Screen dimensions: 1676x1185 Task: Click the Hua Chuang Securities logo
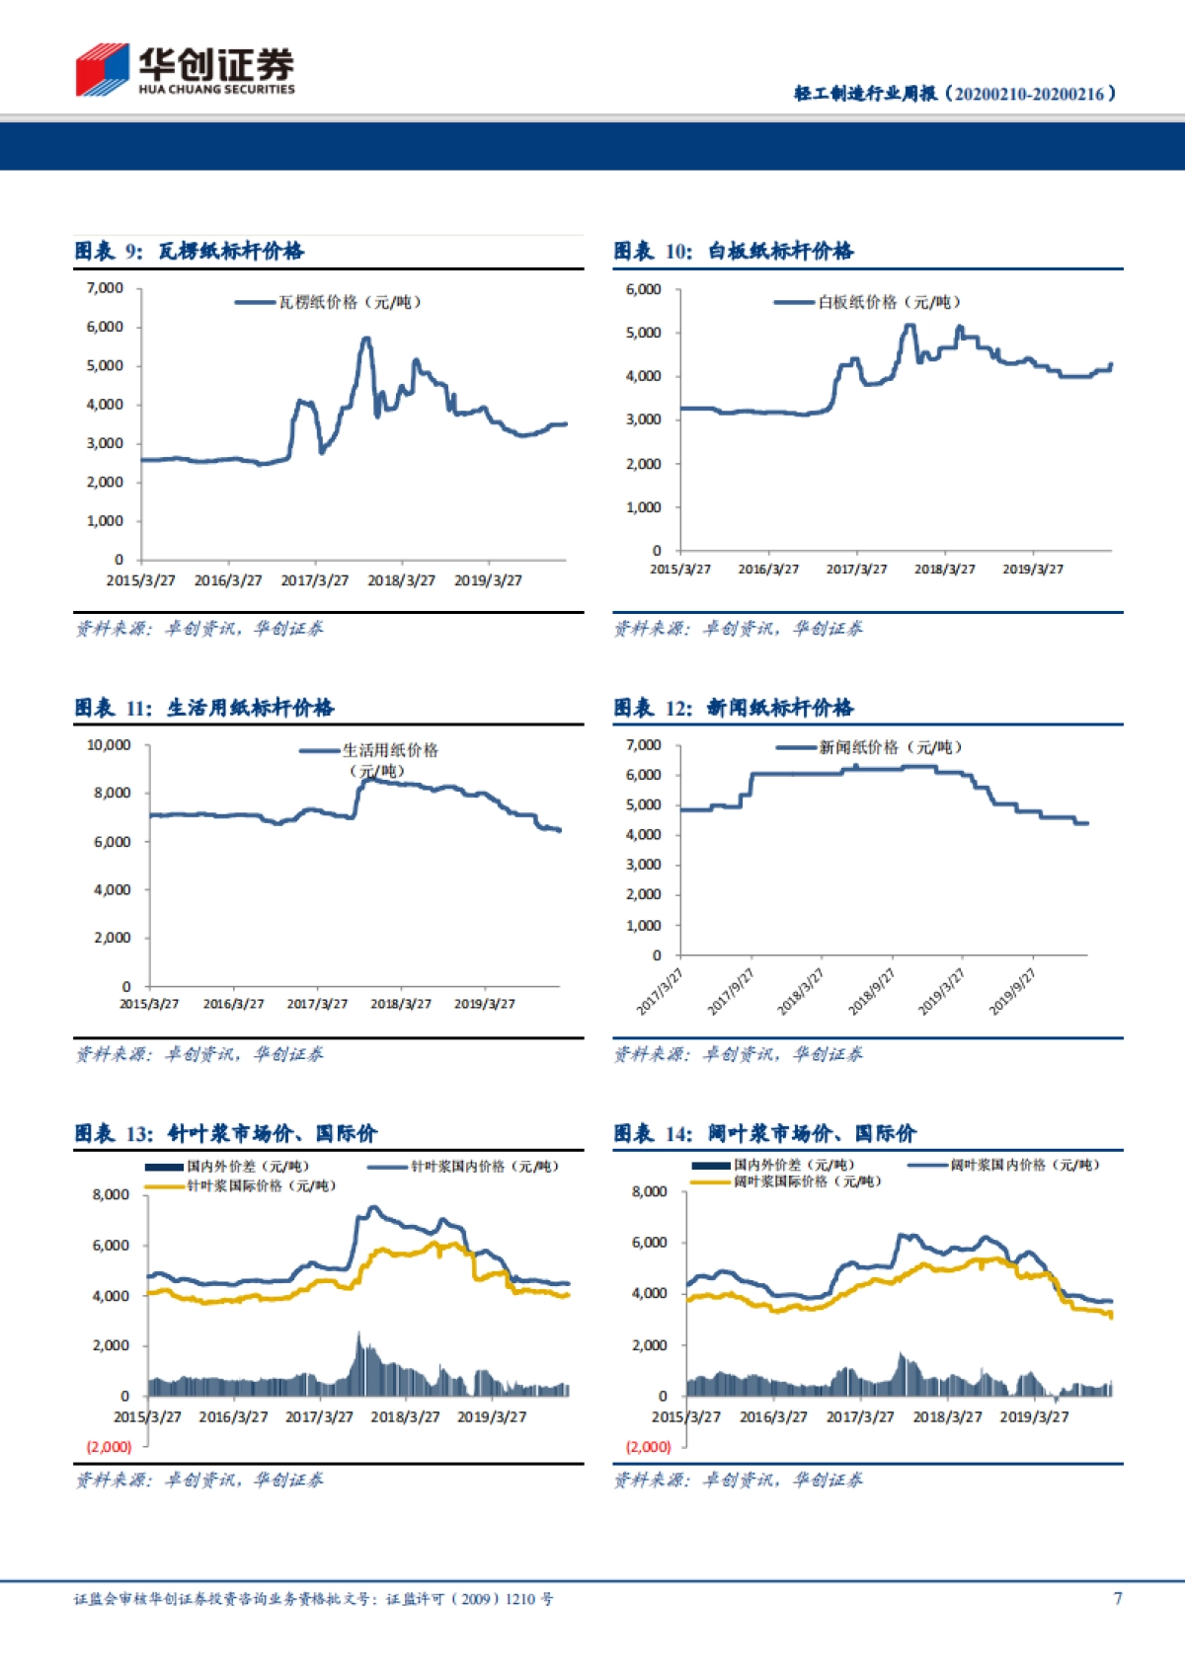click(x=185, y=70)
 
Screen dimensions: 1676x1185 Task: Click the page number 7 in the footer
click(x=1117, y=1598)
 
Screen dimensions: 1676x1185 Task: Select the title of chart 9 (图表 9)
click(x=190, y=251)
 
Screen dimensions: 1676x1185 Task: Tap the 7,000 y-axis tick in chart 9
click(x=105, y=288)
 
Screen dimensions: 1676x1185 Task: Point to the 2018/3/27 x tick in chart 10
click(x=944, y=570)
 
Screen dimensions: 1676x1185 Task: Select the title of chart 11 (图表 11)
click(x=204, y=708)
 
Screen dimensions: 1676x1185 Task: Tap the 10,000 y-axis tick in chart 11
click(x=109, y=745)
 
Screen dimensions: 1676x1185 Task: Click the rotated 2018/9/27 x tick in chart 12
click(x=871, y=992)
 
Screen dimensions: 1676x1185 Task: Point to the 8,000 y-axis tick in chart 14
click(x=649, y=1192)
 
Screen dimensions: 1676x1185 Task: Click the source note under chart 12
click(x=738, y=1054)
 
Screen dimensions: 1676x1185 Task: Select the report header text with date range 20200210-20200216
click(x=955, y=94)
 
